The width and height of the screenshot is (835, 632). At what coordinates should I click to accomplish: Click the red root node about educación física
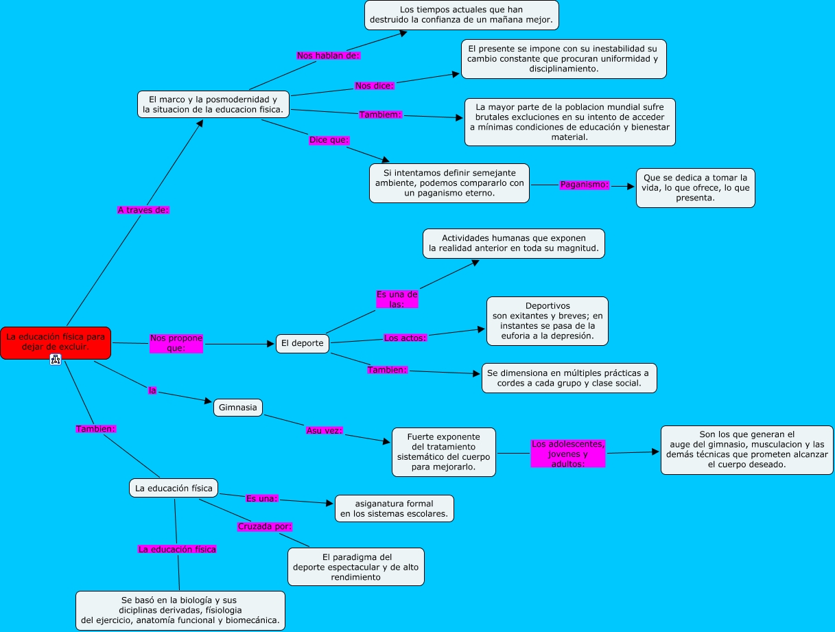click(x=55, y=342)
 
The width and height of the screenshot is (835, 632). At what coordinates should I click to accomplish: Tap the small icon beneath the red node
click(x=56, y=359)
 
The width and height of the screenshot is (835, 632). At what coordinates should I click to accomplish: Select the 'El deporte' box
click(x=302, y=343)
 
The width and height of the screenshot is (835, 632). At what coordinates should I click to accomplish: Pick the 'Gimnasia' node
click(x=238, y=408)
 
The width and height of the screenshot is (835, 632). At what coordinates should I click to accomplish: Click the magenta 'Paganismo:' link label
click(x=585, y=185)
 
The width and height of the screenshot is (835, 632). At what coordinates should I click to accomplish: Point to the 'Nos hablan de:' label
click(x=328, y=55)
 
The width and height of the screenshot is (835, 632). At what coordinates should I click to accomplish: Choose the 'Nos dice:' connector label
click(x=374, y=86)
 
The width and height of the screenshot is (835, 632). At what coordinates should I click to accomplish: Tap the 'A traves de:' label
click(x=143, y=210)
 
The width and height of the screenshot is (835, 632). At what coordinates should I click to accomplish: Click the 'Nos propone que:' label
click(x=176, y=343)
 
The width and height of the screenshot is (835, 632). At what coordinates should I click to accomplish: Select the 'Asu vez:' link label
click(x=324, y=431)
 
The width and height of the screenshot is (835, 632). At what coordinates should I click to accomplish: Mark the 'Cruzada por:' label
click(x=264, y=526)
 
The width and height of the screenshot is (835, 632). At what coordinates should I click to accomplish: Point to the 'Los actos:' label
click(x=405, y=338)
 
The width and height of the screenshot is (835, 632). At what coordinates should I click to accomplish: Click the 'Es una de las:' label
click(x=397, y=299)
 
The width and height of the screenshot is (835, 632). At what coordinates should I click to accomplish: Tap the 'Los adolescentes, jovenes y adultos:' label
click(x=568, y=454)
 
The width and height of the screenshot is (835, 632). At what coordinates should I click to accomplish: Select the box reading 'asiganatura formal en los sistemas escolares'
click(x=394, y=508)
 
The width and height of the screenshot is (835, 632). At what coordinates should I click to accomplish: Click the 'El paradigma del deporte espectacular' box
click(x=355, y=567)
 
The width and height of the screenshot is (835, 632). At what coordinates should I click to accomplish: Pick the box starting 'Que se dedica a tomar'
click(x=695, y=188)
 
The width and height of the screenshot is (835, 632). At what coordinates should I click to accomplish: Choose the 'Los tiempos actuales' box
click(x=461, y=15)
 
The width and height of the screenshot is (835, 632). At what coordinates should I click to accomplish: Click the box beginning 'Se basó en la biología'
click(x=180, y=610)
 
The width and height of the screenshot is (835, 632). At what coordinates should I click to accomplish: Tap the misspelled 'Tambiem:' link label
click(x=379, y=115)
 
